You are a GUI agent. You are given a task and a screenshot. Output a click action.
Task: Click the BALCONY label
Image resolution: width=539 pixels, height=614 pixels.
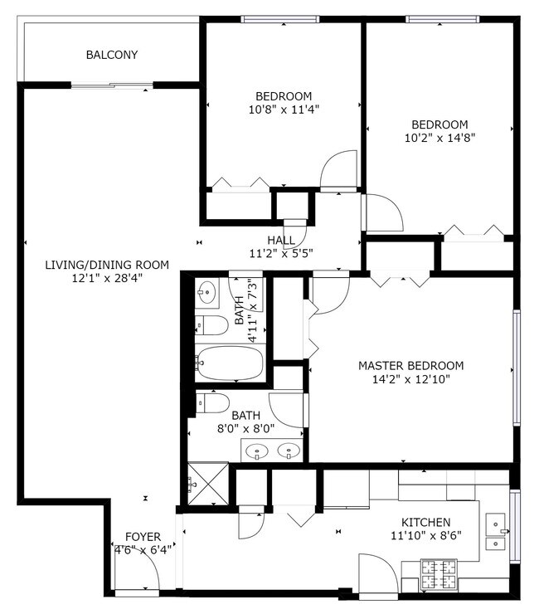coord(112,56)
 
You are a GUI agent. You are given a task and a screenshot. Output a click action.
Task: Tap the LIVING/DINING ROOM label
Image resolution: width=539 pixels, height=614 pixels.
coord(107,265)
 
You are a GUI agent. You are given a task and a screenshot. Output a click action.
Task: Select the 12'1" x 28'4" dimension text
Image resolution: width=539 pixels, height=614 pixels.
coord(107,279)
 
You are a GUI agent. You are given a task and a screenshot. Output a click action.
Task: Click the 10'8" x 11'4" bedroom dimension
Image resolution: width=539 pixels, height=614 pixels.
coord(284,109)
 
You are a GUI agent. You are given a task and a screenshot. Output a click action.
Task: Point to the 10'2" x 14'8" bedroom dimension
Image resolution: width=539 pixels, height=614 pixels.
coord(439,138)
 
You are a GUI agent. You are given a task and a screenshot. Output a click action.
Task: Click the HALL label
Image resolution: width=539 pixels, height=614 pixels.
coord(281,241)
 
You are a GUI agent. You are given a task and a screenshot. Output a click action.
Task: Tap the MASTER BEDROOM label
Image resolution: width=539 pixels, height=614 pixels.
coord(410,365)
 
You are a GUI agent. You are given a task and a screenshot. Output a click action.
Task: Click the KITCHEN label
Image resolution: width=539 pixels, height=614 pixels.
coord(425,522)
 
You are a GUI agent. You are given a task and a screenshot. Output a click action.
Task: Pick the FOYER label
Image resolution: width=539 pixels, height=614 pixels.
coord(143,537)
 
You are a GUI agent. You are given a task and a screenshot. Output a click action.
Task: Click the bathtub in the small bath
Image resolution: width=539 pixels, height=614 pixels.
coord(230,363)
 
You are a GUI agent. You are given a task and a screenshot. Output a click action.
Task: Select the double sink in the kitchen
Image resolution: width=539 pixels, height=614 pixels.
coord(498,534)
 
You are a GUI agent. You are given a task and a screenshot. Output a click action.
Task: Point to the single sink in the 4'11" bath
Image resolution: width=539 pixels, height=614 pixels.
coord(206,292)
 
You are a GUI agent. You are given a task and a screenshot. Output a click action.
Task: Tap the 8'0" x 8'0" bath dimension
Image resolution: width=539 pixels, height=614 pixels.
coord(245,429)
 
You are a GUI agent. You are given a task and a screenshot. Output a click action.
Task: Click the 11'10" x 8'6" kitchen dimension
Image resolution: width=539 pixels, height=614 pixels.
coord(425,535)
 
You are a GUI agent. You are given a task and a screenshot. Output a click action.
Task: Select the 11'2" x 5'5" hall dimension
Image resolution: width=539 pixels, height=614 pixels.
coord(281,254)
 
